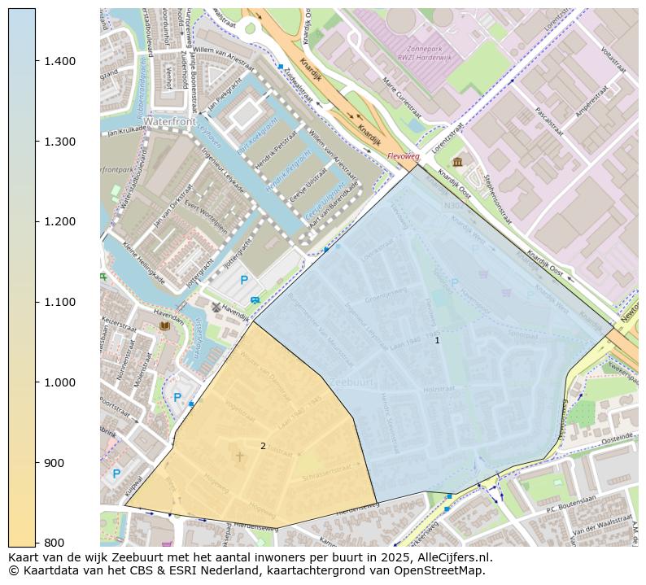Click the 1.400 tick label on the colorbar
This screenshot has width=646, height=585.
click(x=59, y=61)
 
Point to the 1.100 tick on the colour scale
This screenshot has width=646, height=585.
click(x=59, y=302)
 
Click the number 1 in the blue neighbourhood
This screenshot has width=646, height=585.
click(x=437, y=340)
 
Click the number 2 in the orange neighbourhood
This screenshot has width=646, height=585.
click(x=263, y=446)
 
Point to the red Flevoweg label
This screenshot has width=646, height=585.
click(x=403, y=155)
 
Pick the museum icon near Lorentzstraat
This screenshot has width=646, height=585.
click(x=457, y=162)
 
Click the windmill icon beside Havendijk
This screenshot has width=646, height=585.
click(x=216, y=308)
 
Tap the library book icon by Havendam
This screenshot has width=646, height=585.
click(x=165, y=325)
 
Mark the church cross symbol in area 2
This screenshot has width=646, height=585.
click(x=239, y=457)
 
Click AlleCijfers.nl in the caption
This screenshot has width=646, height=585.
click(x=453, y=557)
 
